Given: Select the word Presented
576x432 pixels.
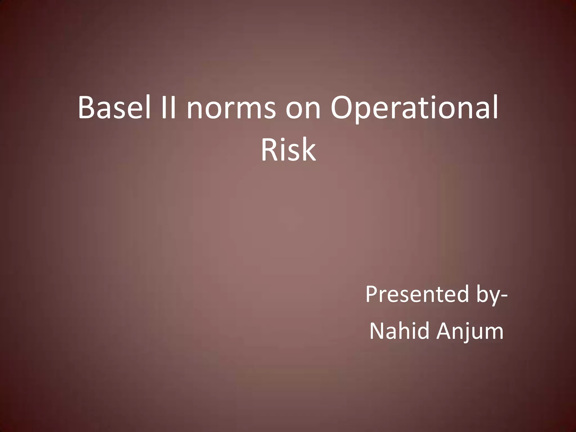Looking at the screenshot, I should click(x=417, y=294).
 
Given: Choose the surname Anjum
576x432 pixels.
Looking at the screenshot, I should click(x=470, y=331).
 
